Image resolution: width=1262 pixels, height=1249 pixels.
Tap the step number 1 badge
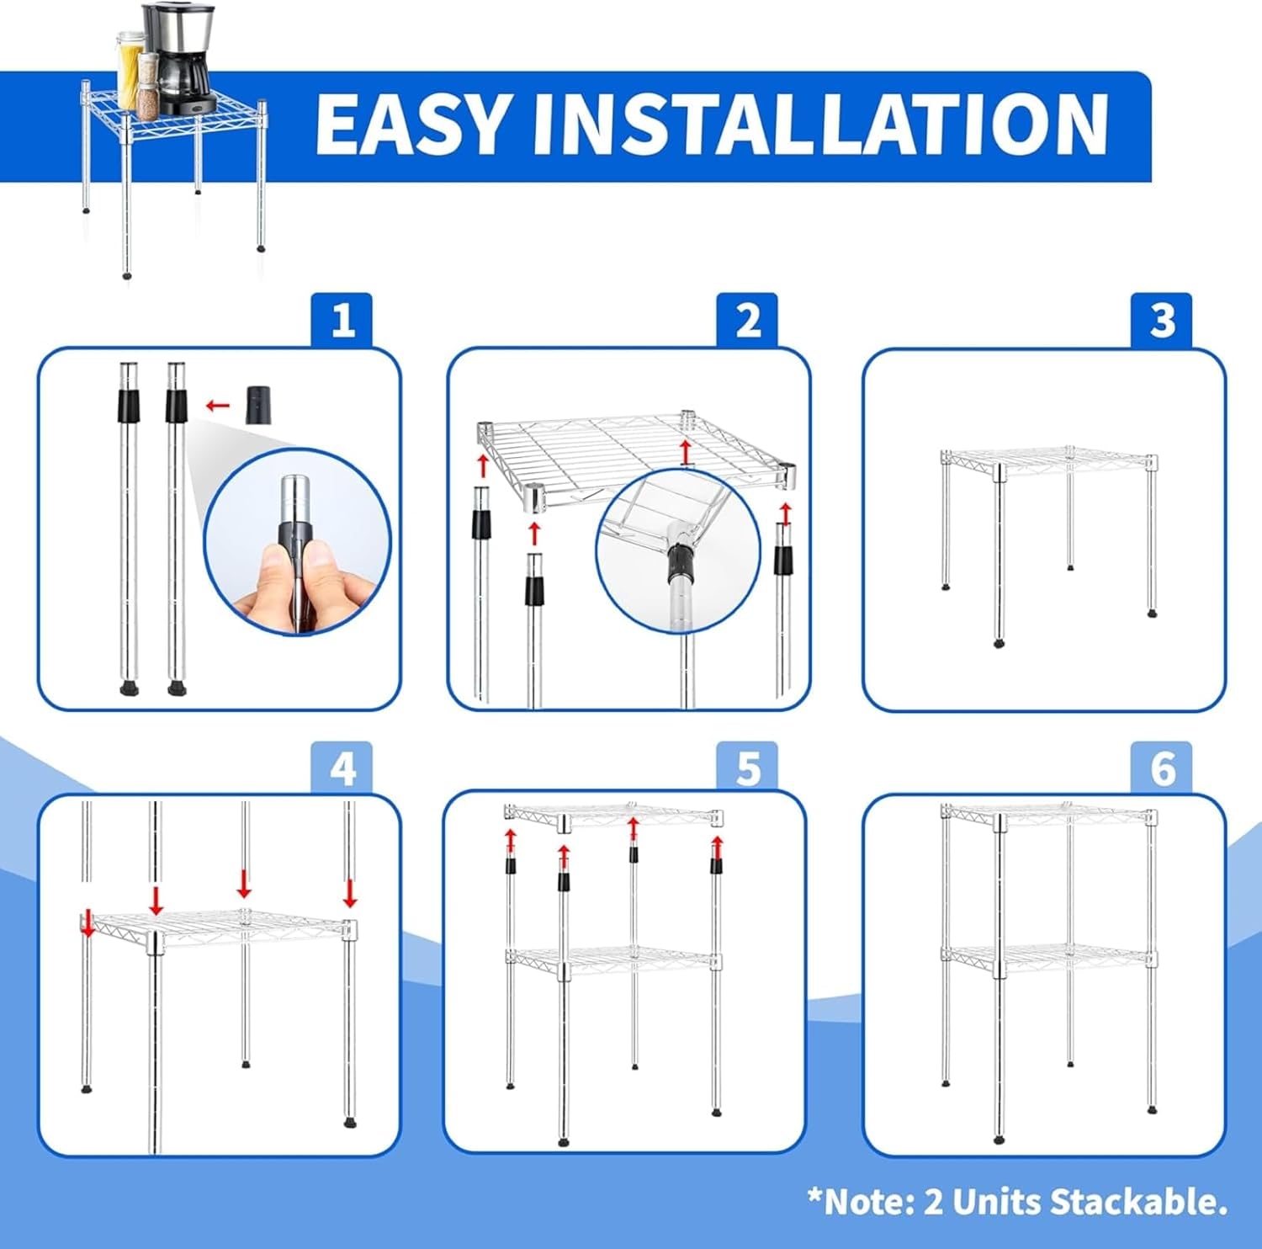[342, 320]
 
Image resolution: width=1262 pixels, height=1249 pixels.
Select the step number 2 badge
[748, 320]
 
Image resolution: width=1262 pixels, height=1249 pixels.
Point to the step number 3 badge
[1162, 320]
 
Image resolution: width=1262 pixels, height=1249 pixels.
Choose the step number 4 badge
[342, 768]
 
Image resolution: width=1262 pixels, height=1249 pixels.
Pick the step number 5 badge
[748, 768]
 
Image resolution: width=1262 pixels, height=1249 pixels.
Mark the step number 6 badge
[1162, 768]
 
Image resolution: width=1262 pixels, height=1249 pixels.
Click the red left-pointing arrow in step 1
[218, 406]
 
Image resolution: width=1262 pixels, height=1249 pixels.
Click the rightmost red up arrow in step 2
[786, 513]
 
